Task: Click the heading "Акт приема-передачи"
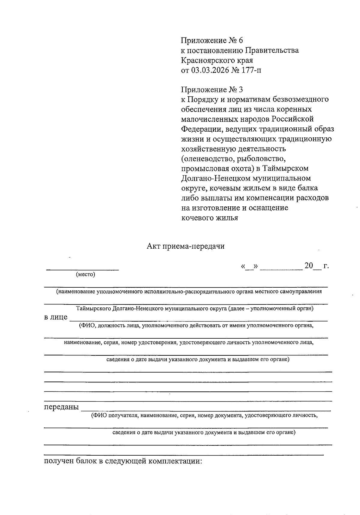(x=185, y=246)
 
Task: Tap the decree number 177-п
(x=250, y=70)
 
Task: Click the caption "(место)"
(x=85, y=274)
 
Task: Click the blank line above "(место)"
(x=82, y=268)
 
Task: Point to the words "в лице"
(x=56, y=317)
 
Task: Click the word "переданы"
(x=61, y=407)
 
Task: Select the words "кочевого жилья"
(x=210, y=218)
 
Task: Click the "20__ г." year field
(x=316, y=266)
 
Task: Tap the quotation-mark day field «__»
(x=250, y=266)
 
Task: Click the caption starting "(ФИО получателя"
(x=204, y=415)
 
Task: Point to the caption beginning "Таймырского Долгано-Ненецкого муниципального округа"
(x=195, y=308)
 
